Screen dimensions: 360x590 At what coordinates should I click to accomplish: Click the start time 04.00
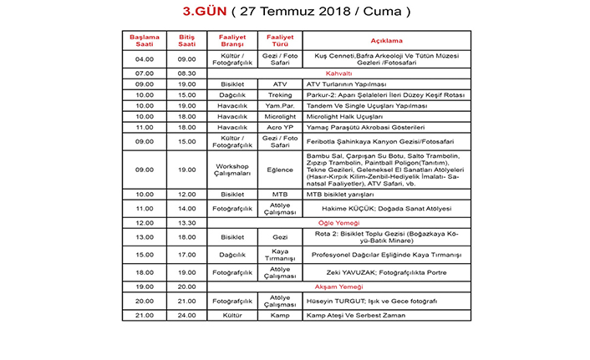coord(145,59)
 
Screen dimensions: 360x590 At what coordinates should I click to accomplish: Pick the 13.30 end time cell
coord(186,223)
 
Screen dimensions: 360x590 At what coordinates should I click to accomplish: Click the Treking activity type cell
coord(280,95)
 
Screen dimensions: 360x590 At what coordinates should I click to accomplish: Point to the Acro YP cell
coord(280,127)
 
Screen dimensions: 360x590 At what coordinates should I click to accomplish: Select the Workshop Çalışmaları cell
coord(232,170)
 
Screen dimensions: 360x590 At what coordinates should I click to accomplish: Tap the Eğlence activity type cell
coord(280,170)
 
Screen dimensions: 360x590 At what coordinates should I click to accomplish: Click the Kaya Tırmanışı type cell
coord(280,254)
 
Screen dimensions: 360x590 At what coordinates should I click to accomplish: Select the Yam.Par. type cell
coord(280,106)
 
